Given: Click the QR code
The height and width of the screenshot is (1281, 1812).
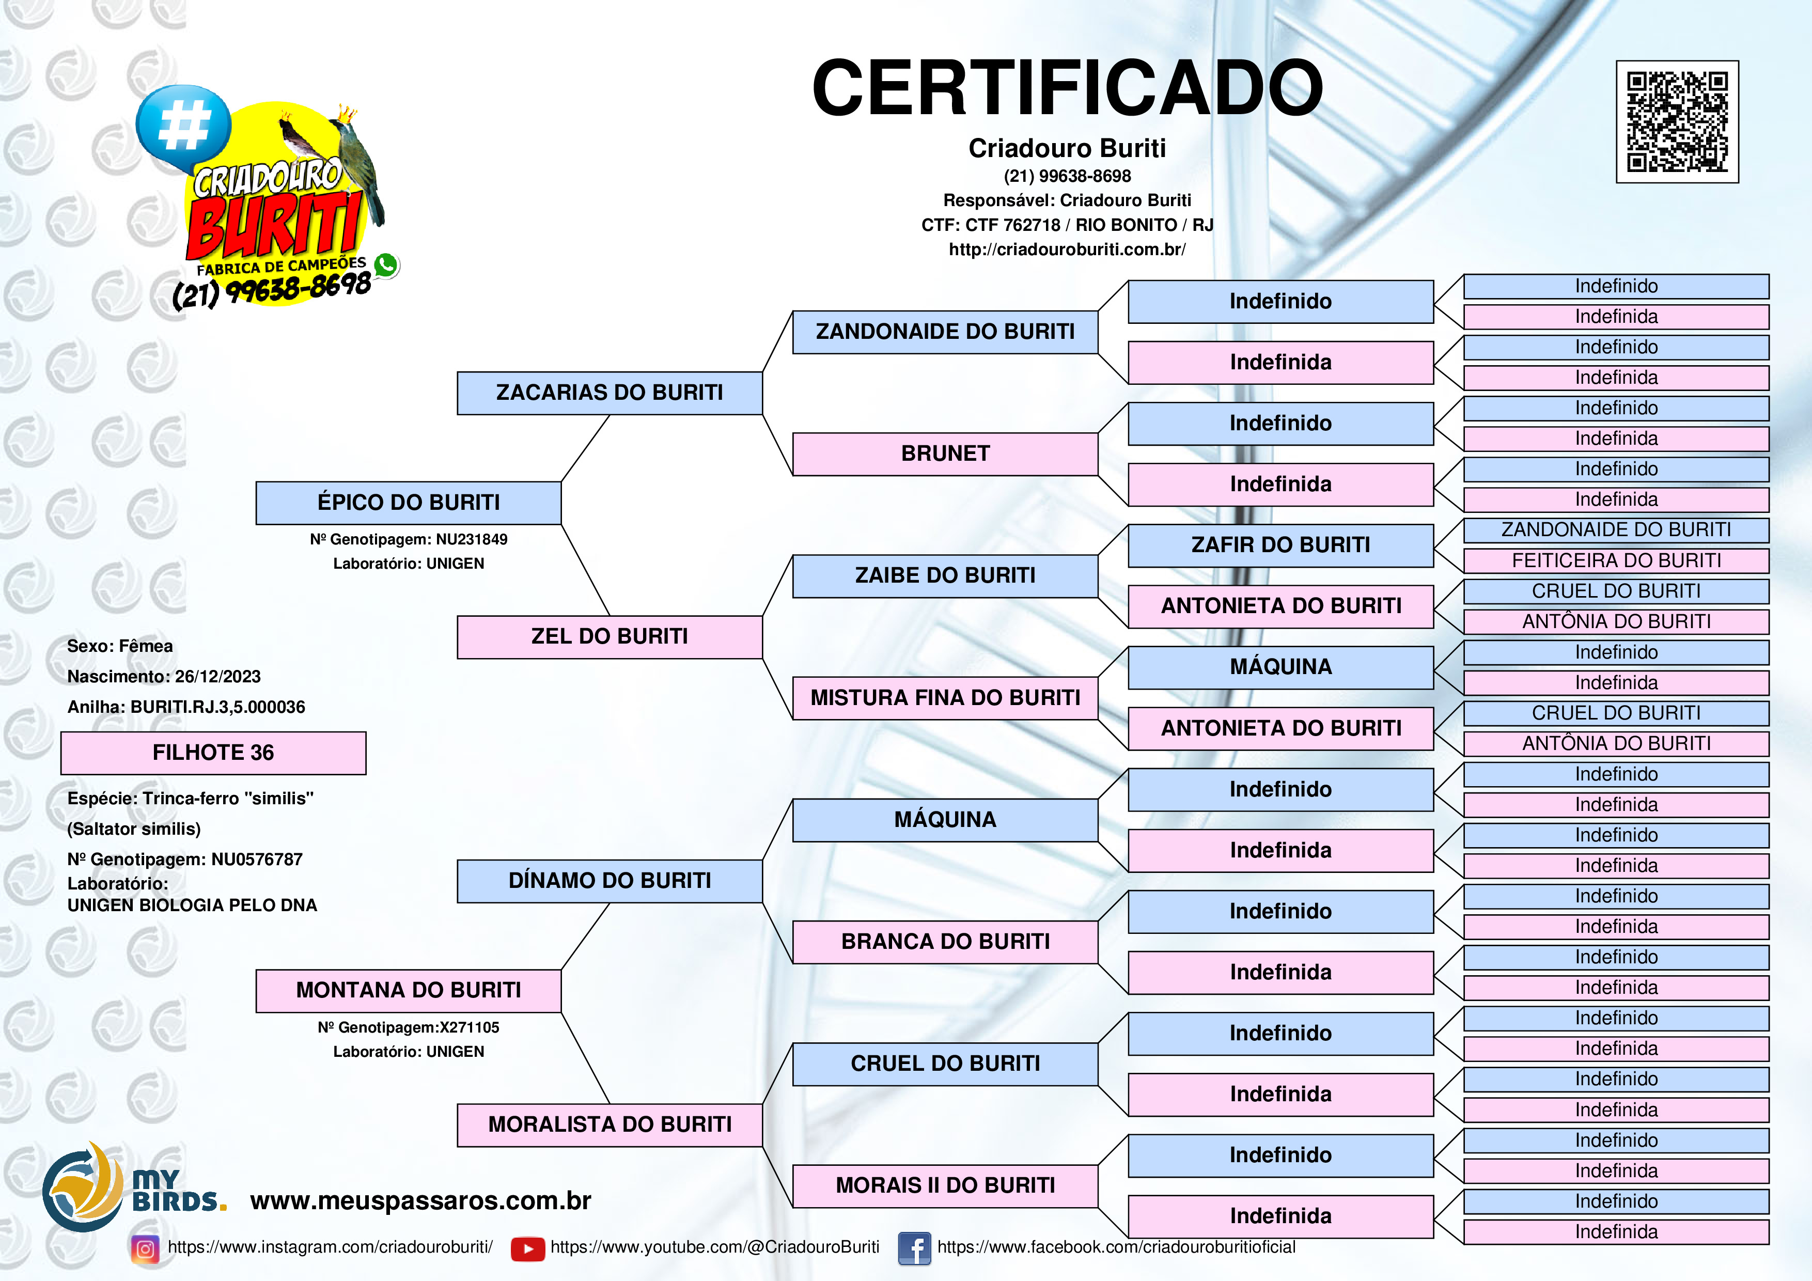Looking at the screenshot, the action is pyautogui.click(x=1677, y=121).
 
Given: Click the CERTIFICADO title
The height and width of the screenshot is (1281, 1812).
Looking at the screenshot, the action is pyautogui.click(x=1067, y=88).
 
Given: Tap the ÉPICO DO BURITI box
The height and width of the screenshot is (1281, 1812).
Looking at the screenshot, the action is pyautogui.click(x=409, y=503).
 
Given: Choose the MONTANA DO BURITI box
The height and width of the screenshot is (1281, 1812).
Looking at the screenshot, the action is pyautogui.click(x=409, y=991).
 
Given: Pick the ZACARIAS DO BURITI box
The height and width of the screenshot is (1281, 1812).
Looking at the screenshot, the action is pyautogui.click(x=610, y=393).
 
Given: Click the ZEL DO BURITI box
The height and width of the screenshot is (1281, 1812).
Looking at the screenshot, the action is pyautogui.click(x=610, y=637).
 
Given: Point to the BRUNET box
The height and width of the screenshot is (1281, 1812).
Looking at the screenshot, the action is pyautogui.click(x=945, y=454).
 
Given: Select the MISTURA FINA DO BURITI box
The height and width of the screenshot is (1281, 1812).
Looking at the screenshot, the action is pyautogui.click(x=945, y=698).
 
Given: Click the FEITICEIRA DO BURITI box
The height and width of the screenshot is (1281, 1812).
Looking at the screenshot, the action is pyautogui.click(x=1616, y=560).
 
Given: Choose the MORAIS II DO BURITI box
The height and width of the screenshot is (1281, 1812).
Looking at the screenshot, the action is pyautogui.click(x=945, y=1185).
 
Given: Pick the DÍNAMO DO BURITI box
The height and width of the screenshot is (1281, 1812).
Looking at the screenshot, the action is pyautogui.click(x=610, y=881).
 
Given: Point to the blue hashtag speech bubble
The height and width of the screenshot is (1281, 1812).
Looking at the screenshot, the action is pyautogui.click(x=183, y=126).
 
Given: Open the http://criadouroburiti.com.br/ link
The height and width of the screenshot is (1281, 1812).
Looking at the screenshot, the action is pyautogui.click(x=1067, y=249).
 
